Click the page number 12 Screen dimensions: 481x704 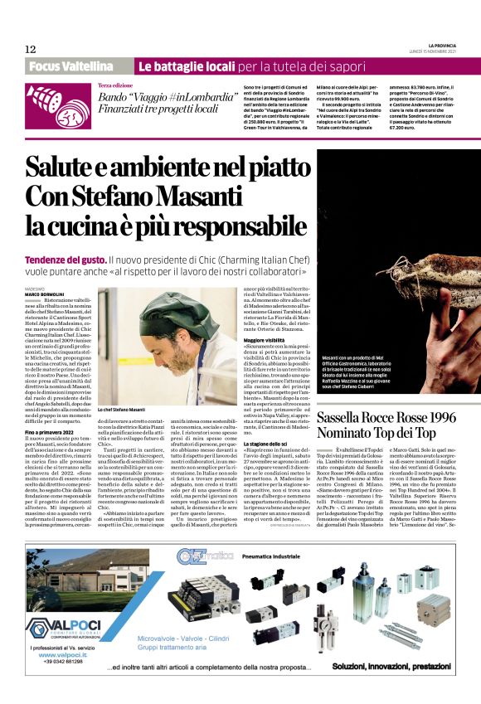click(30, 49)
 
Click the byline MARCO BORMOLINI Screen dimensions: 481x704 click(43, 294)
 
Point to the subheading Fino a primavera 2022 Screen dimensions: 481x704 click(53, 433)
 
